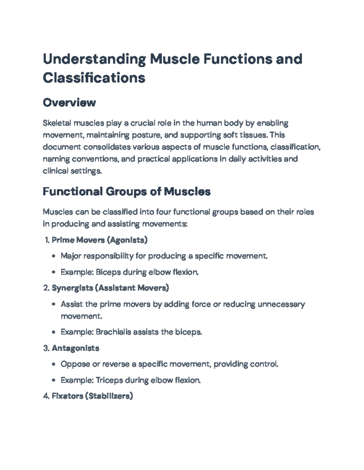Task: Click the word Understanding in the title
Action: click(x=94, y=59)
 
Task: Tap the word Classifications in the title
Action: click(x=94, y=78)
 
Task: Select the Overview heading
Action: click(x=69, y=103)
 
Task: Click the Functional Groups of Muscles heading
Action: click(x=126, y=192)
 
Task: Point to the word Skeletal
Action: click(x=57, y=123)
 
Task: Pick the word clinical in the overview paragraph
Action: click(x=56, y=171)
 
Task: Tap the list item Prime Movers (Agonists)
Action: click(x=99, y=240)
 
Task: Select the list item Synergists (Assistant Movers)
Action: click(x=110, y=288)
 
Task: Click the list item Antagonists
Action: click(x=76, y=348)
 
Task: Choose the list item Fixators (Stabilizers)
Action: click(x=92, y=396)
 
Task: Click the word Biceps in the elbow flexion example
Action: click(x=108, y=272)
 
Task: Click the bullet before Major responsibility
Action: click(x=54, y=256)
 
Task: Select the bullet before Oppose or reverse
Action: click(x=54, y=364)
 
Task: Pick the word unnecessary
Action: click(x=281, y=304)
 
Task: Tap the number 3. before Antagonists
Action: click(x=46, y=348)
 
